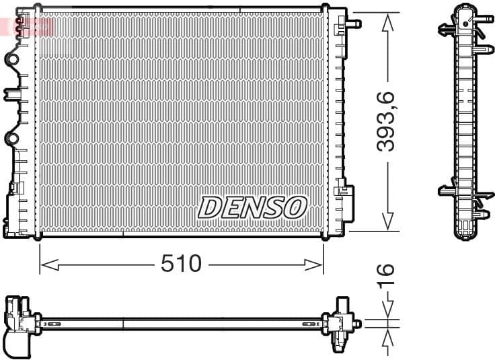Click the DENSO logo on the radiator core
[252, 208]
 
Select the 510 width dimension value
[181, 264]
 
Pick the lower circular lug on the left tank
[12, 139]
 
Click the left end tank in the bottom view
[19, 323]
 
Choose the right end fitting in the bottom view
[343, 323]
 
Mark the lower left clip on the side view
[447, 191]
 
